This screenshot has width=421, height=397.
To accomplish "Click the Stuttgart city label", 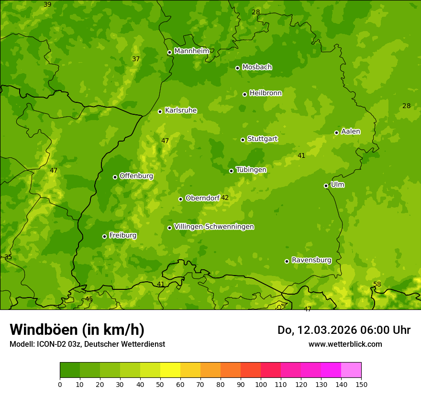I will click(x=262, y=139).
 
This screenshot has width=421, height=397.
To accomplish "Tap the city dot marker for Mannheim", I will click(x=169, y=53).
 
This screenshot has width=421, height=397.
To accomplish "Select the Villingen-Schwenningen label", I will click(x=214, y=227).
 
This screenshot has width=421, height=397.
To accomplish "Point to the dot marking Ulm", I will click(x=326, y=186).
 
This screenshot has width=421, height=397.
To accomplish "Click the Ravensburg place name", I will click(x=311, y=260).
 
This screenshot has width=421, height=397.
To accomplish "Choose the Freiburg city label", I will click(x=122, y=235).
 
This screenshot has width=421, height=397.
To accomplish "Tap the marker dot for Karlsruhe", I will click(x=160, y=111).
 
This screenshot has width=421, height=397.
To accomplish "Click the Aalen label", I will click(x=351, y=132).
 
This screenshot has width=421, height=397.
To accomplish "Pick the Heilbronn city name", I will click(x=266, y=93).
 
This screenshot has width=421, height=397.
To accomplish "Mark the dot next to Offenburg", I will click(x=115, y=177).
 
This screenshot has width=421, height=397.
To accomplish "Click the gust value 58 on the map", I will click(x=377, y=284).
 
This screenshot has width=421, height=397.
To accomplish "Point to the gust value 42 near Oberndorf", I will click(x=225, y=198).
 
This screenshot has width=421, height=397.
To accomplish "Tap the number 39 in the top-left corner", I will click(x=47, y=4).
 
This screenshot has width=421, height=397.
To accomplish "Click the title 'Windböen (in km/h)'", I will click(x=77, y=330).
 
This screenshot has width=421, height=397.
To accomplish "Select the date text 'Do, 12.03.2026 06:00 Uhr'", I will click(x=344, y=330).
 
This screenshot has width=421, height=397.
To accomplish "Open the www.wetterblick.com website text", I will click(x=345, y=344).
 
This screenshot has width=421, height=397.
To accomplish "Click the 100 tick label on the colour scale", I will click(x=261, y=384).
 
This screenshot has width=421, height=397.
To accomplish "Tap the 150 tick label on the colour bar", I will click(x=361, y=384).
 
